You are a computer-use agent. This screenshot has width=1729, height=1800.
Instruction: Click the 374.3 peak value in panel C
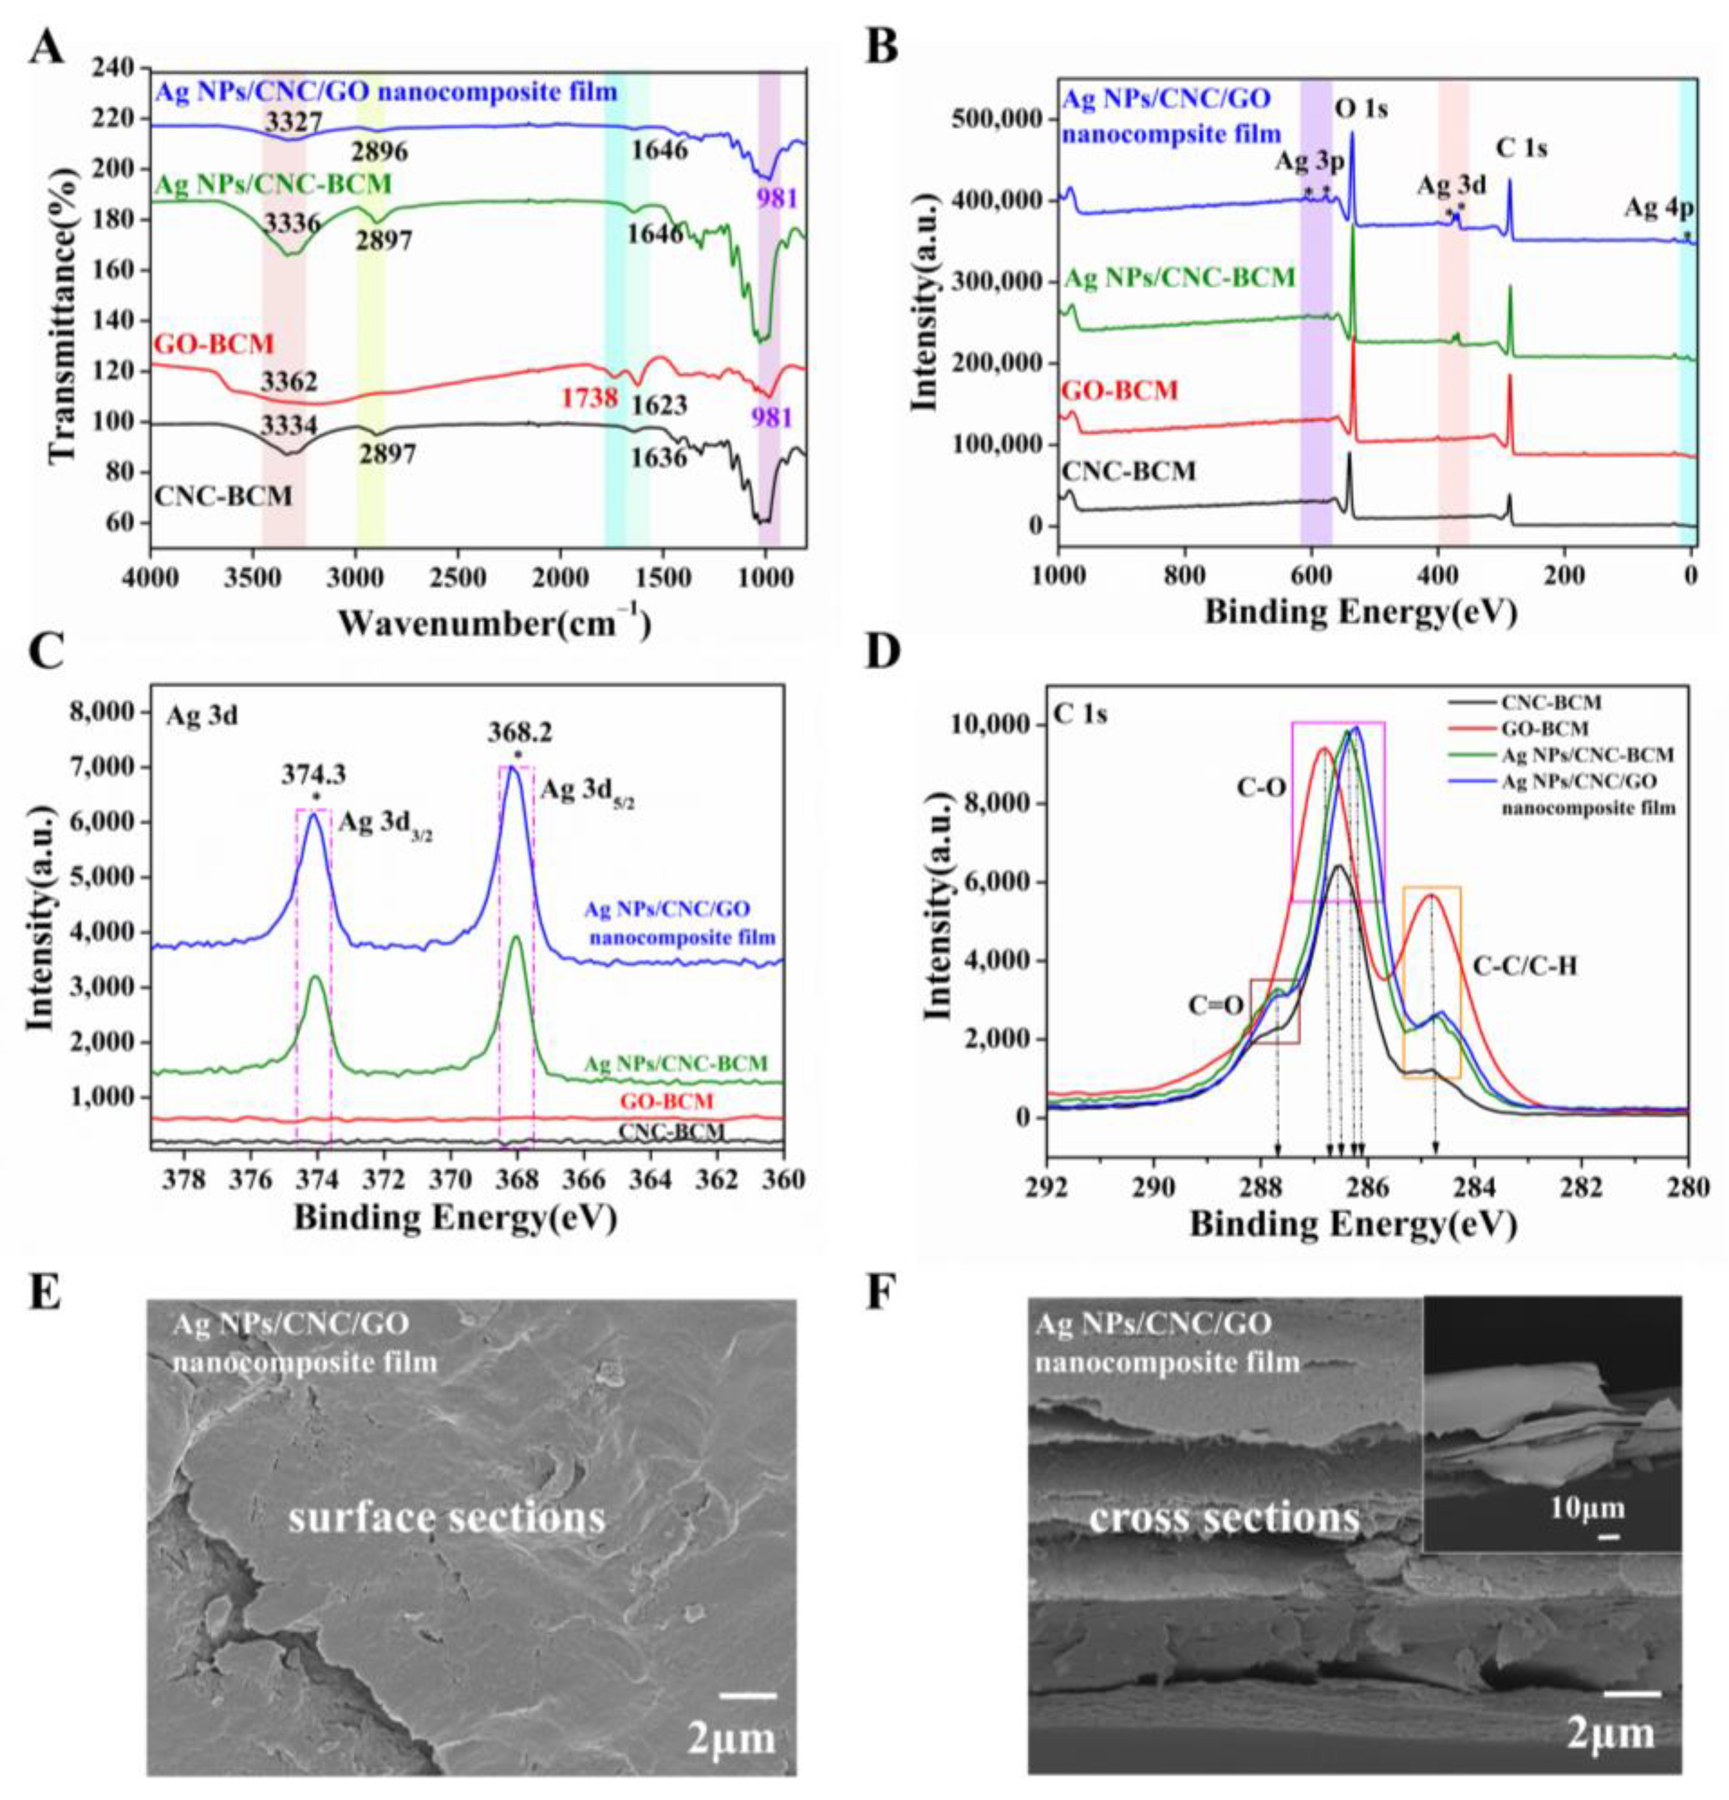tap(315, 776)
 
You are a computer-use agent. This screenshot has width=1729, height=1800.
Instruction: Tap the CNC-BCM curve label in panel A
tap(223, 497)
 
